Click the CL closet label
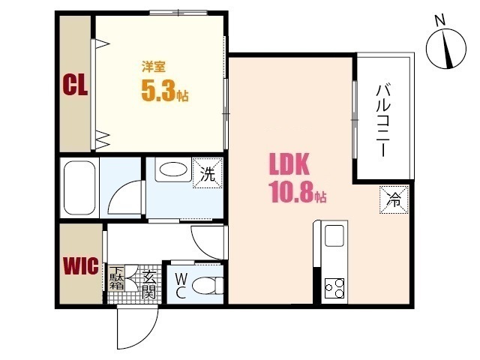point(75,85)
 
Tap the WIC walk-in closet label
point(81,265)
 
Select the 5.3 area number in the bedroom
point(158,91)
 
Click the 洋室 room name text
point(154,67)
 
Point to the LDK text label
point(289,164)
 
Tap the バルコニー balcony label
point(383,121)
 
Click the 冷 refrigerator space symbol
point(394,199)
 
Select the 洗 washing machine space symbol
point(208,173)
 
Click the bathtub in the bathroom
point(79,188)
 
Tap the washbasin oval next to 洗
point(173,169)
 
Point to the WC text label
point(181,286)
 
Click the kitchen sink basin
point(334,235)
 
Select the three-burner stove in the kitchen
point(334,288)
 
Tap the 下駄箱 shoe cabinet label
point(117,278)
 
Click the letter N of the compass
point(440,21)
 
